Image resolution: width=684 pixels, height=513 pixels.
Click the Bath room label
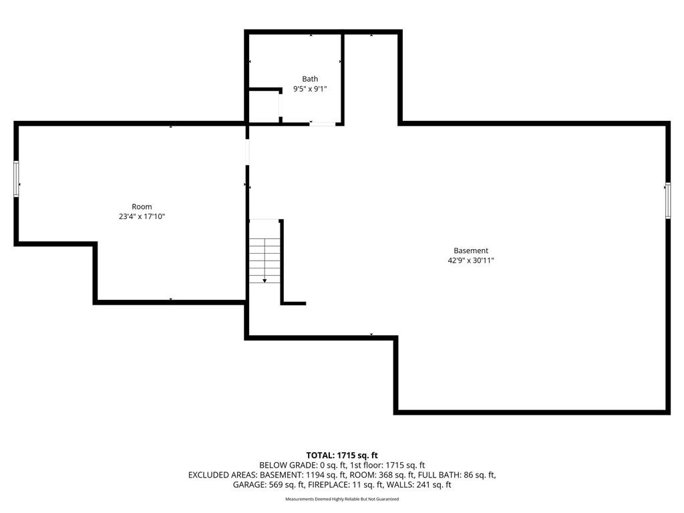click(x=310, y=79)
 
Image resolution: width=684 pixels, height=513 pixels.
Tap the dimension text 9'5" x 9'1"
click(x=310, y=89)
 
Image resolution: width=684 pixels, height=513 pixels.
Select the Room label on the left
click(x=142, y=207)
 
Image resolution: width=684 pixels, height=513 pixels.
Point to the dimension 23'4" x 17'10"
click(x=142, y=216)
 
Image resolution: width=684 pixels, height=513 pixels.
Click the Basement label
click(x=471, y=251)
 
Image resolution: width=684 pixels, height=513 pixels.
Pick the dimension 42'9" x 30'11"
click(x=471, y=261)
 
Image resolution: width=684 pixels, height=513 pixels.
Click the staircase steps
click(x=265, y=261)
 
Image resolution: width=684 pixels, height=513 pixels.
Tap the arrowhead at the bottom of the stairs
click(x=265, y=281)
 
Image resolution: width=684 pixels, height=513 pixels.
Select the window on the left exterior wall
click(x=17, y=179)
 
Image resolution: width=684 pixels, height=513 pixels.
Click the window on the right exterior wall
click(x=668, y=200)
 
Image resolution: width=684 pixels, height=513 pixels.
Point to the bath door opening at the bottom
click(x=323, y=124)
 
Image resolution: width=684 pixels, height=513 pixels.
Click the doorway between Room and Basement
click(x=247, y=152)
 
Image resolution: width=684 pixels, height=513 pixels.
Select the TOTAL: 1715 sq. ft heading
click(x=342, y=456)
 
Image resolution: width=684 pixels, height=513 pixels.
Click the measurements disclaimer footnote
click(x=342, y=499)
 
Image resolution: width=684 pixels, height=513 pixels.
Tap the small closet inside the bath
click(x=263, y=106)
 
